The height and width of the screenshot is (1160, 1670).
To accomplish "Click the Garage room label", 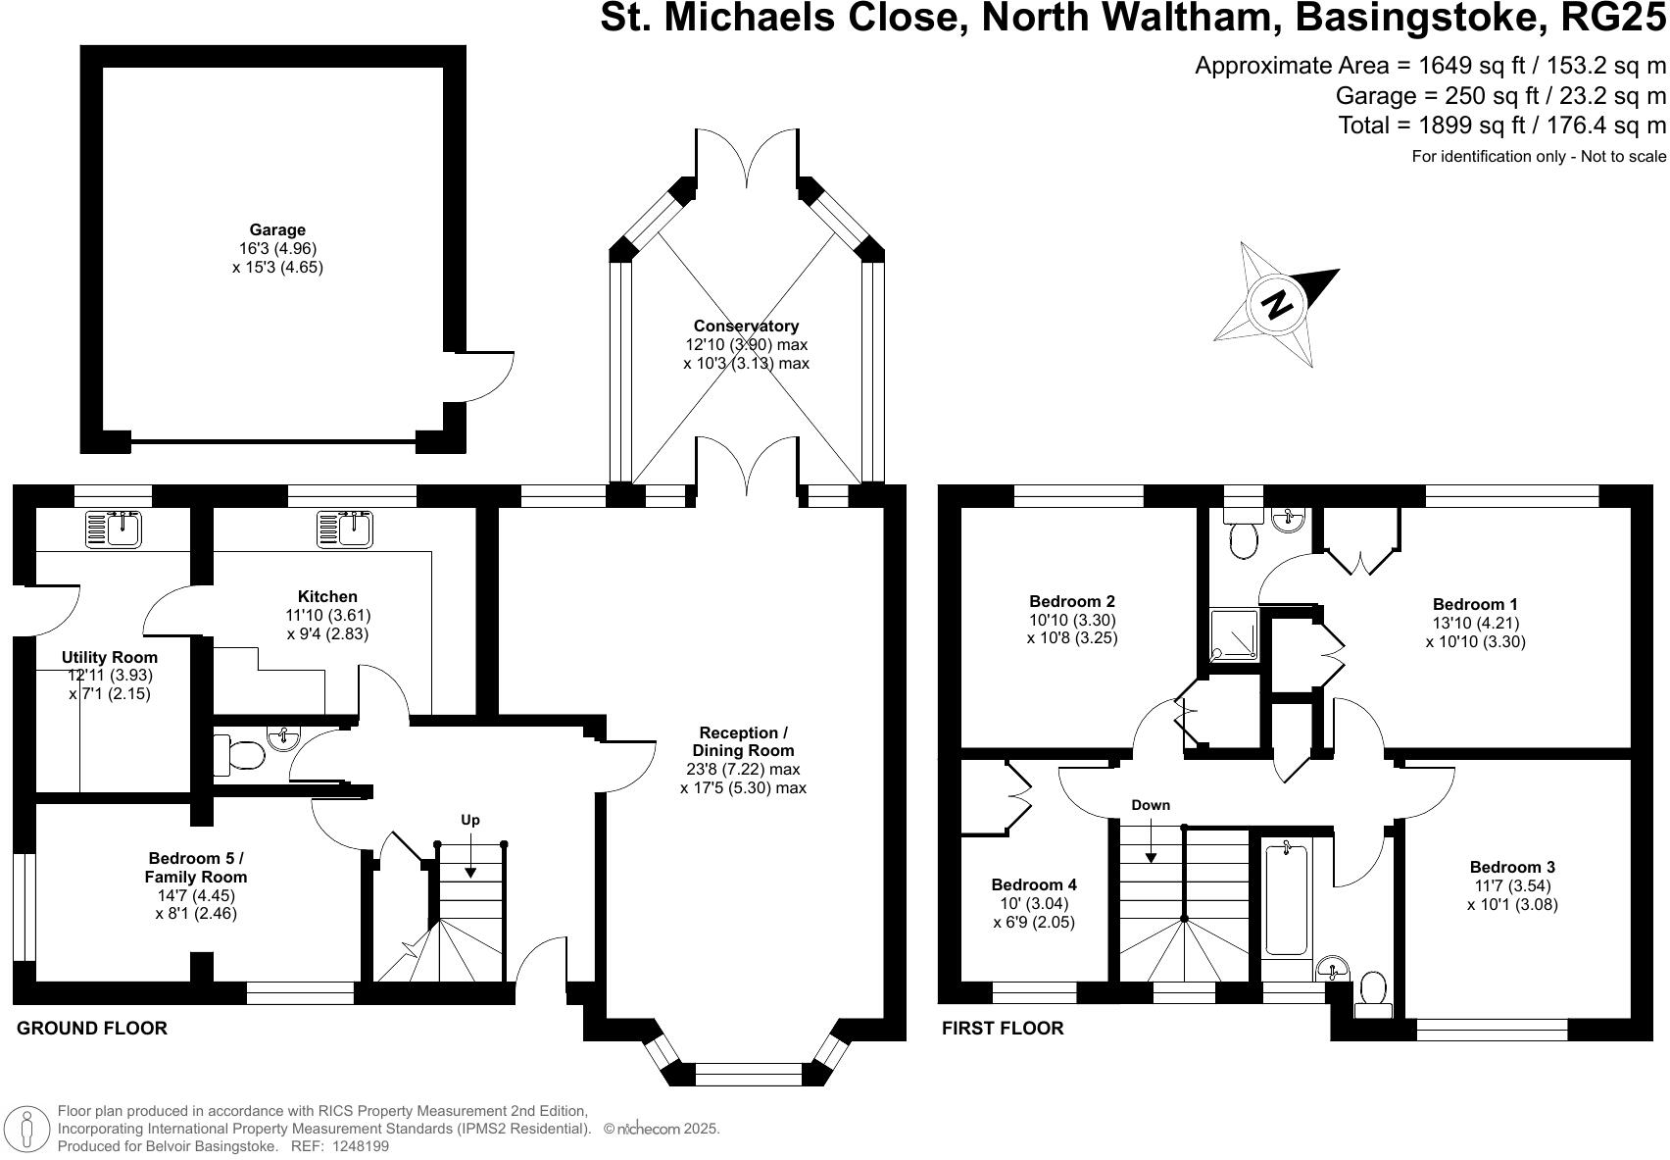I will point(277,230).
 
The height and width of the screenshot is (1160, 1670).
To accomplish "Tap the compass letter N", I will point(1276,304).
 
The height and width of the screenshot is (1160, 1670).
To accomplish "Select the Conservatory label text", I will point(746,326).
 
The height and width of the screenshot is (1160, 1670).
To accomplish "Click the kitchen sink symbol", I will point(344,529).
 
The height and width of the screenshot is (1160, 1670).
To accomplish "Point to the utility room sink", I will point(114,529).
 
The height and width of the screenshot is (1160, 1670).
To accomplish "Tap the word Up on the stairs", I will point(470,820).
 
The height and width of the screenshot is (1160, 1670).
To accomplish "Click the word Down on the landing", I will point(1151,805).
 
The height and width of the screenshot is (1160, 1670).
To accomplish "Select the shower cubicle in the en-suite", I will point(1233,634).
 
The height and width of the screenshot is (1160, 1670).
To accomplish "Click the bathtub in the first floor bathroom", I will point(1286,899).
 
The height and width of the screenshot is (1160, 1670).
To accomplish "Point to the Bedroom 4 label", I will point(1034,884).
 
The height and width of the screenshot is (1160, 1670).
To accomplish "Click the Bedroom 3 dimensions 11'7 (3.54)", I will point(1511,885).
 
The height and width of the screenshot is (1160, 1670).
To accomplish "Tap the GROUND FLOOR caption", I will point(92,1029).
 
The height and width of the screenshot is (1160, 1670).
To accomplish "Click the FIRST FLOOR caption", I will point(1002,1029).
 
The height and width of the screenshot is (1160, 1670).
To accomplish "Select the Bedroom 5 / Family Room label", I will point(196,868).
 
